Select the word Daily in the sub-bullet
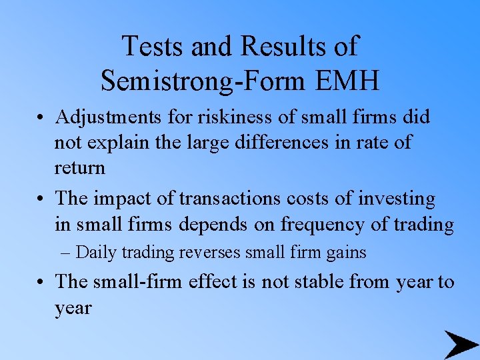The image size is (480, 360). coord(94,253)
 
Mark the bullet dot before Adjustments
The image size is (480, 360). coord(41,119)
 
